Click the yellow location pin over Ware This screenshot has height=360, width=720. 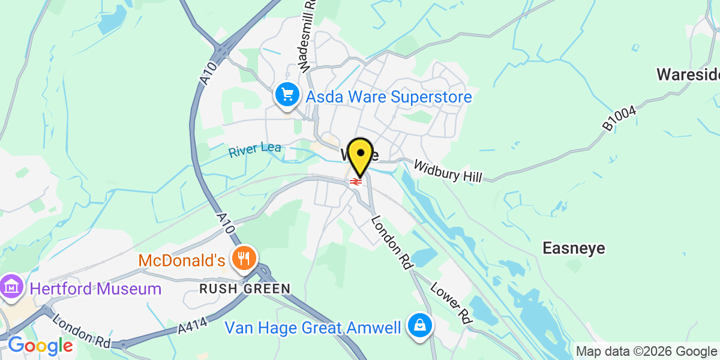tap(361, 154)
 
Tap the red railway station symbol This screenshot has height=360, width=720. tap(356, 181)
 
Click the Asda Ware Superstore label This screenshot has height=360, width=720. tap(389, 97)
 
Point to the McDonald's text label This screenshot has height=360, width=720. tap(181, 261)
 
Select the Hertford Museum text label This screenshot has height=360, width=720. tap(95, 289)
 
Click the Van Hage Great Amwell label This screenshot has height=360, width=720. tap(313, 328)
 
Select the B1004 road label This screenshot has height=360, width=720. tap(618, 118)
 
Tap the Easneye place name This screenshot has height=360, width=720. tap(574, 248)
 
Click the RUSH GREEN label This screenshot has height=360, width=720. tap(245, 289)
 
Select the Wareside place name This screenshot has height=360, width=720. tap(688, 74)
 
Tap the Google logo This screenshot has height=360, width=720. tap(40, 346)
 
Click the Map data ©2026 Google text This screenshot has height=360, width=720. tap(646, 352)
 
